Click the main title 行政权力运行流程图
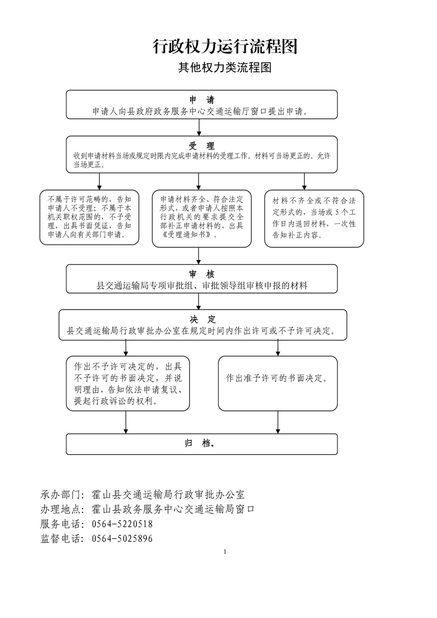[x=225, y=46]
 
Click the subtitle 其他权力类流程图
[x=225, y=67]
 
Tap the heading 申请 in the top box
[x=202, y=100]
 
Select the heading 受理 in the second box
[x=202, y=146]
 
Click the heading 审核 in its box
[x=202, y=274]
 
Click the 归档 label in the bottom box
[x=200, y=443]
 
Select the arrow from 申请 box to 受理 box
[x=199, y=127]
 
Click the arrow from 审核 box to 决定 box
[x=198, y=301]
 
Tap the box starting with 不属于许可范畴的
[x=89, y=217]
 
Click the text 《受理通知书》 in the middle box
[x=189, y=235]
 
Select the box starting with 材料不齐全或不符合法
[x=314, y=219]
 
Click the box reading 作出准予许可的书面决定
[x=278, y=383]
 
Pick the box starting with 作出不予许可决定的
[x=128, y=383]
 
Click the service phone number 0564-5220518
[x=122, y=524]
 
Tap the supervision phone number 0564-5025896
[x=122, y=539]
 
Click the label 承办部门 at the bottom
[x=61, y=495]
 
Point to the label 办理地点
[x=61, y=509]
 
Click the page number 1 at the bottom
[x=225, y=552]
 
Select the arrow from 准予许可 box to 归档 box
[x=278, y=422]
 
